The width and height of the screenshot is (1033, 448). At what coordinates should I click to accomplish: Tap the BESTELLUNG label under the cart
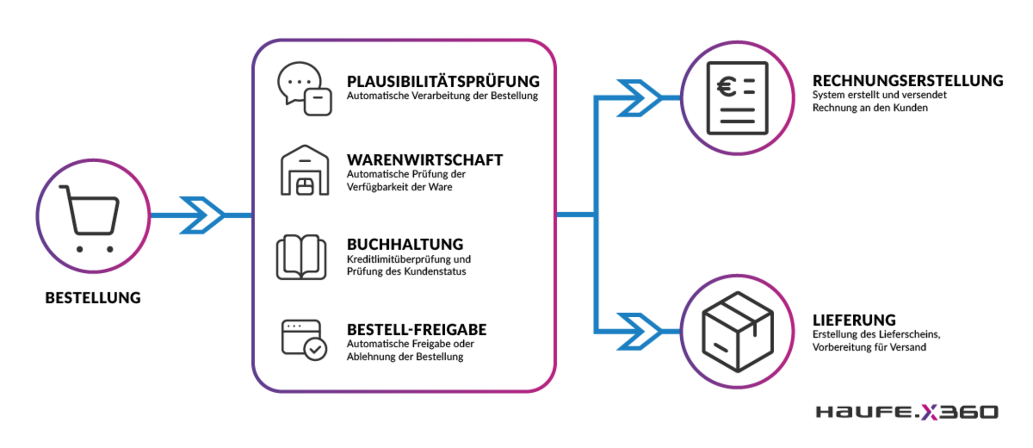coord(93,298)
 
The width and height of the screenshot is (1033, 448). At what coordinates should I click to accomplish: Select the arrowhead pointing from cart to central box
coord(202,215)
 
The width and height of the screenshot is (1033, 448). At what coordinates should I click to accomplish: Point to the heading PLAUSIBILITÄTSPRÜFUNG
coord(443,81)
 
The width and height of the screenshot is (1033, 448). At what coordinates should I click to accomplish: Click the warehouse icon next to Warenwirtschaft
coord(305,170)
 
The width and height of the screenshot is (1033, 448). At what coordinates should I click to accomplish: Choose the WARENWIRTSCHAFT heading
coord(425,160)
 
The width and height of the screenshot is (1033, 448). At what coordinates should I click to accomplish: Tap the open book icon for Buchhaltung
coord(301,257)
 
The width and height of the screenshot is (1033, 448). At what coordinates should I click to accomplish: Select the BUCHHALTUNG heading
coord(405,244)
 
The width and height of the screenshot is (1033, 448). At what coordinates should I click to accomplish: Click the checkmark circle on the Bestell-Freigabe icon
coord(315,350)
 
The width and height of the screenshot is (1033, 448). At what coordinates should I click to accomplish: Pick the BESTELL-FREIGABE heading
coord(416,330)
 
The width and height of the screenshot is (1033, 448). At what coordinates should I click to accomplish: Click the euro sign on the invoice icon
coord(726,86)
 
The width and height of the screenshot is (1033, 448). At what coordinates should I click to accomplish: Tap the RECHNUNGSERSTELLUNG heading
coord(907,81)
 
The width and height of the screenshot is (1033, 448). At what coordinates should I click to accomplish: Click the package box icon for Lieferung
coord(738,332)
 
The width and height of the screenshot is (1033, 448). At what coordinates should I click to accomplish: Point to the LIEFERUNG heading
coord(854,320)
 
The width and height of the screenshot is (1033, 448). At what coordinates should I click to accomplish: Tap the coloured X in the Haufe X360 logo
coord(929,412)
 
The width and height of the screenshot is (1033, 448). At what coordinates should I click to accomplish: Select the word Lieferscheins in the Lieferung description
coord(909,334)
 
